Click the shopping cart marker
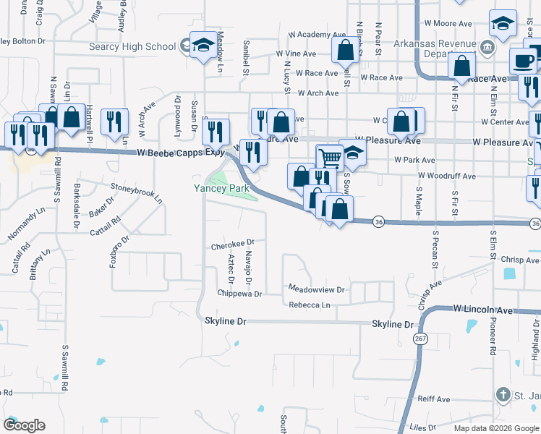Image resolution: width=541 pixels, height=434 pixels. coord(330,156)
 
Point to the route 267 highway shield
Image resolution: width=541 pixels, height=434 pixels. coord(419,339)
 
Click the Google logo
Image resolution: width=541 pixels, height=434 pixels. coord(24,425)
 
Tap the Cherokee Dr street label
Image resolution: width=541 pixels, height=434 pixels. coord(233,244)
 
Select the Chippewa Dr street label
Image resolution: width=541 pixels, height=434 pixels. coord(239,294)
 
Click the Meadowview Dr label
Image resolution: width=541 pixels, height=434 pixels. coord(318,289)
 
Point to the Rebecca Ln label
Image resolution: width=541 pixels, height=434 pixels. coord(309,305)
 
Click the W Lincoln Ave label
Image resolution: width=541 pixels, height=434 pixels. coord(483,310)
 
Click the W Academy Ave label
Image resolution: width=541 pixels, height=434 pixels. coord(312,35)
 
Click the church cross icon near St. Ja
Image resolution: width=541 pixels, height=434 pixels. coord(503,394)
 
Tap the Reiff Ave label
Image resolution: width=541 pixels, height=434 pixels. coord(434,399)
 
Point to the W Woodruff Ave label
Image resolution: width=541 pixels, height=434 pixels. coord(446,176)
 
